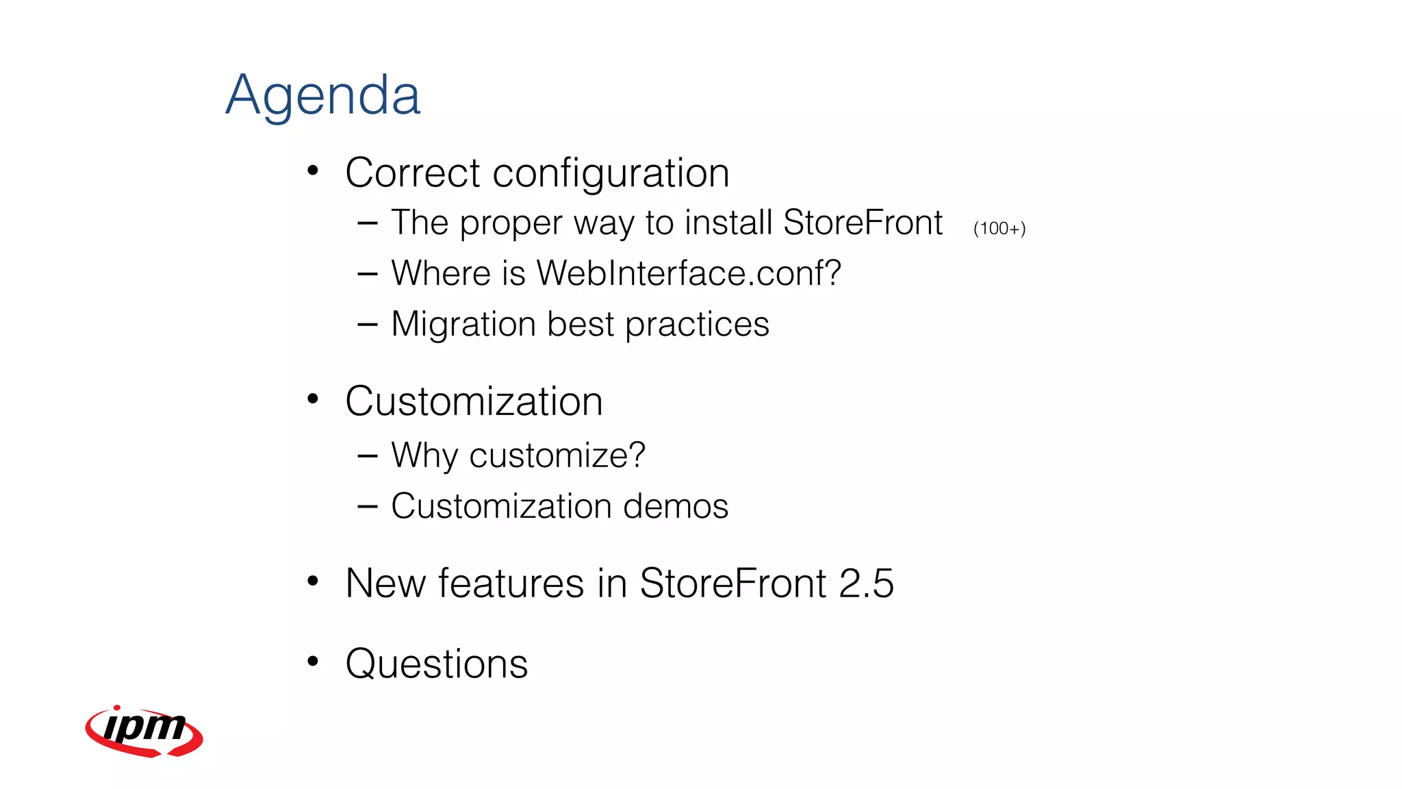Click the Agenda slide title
tap(322, 96)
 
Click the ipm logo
tap(144, 731)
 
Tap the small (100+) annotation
tap(999, 229)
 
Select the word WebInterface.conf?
tap(688, 273)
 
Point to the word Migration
tap(463, 324)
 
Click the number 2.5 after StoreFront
tap(866, 584)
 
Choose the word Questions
tap(437, 664)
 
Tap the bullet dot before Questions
tap(313, 661)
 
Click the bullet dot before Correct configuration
tap(313, 170)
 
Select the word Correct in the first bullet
tap(413, 173)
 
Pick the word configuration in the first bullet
tap(611, 174)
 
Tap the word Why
tap(424, 456)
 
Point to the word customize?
tap(557, 456)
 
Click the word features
tap(511, 584)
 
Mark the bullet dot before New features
tap(313, 581)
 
